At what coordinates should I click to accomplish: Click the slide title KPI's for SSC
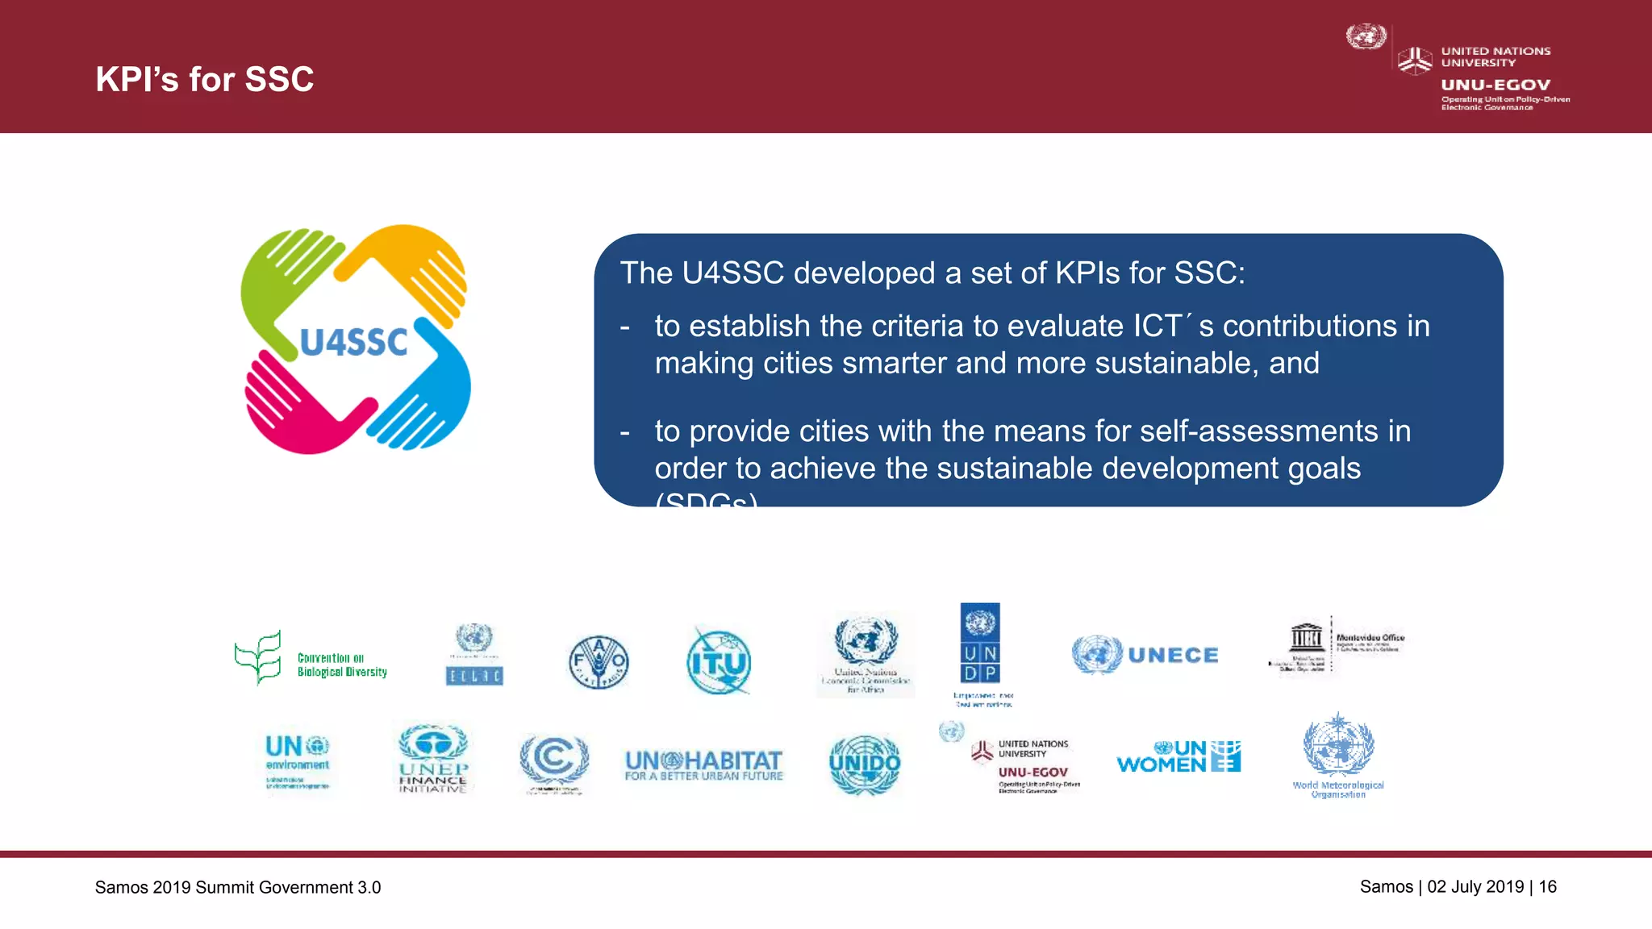204,79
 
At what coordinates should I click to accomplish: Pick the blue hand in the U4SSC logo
432,395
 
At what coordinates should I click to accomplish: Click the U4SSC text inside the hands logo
354,343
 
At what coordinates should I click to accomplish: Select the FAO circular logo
599,663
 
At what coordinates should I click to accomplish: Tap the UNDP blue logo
980,643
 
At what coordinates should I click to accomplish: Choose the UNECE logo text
1173,655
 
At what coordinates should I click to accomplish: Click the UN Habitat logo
703,764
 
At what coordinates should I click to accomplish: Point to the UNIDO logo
865,764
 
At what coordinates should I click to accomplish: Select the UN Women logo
1179,757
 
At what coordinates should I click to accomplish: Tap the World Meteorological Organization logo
1338,755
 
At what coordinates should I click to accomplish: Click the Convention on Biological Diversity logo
311,659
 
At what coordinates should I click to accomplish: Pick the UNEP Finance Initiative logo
433,758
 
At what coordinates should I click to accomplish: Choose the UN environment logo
298,760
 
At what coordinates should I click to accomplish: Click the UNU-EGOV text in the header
1496,85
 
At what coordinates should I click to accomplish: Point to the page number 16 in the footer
1547,887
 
